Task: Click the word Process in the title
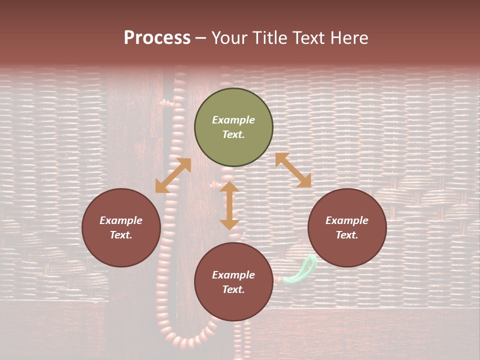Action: (157, 38)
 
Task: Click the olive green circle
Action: (233, 127)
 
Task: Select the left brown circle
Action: (121, 227)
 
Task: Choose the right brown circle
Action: (347, 227)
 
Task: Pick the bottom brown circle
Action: (233, 282)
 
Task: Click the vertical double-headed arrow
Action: (229, 205)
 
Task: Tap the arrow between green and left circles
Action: (173, 175)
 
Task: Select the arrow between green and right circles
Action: (293, 170)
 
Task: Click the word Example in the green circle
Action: (233, 120)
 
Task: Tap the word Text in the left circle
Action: (121, 235)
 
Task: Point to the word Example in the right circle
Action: (347, 220)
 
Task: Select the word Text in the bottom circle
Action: (233, 289)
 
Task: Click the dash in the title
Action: (201, 38)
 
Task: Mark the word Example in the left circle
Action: (121, 220)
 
